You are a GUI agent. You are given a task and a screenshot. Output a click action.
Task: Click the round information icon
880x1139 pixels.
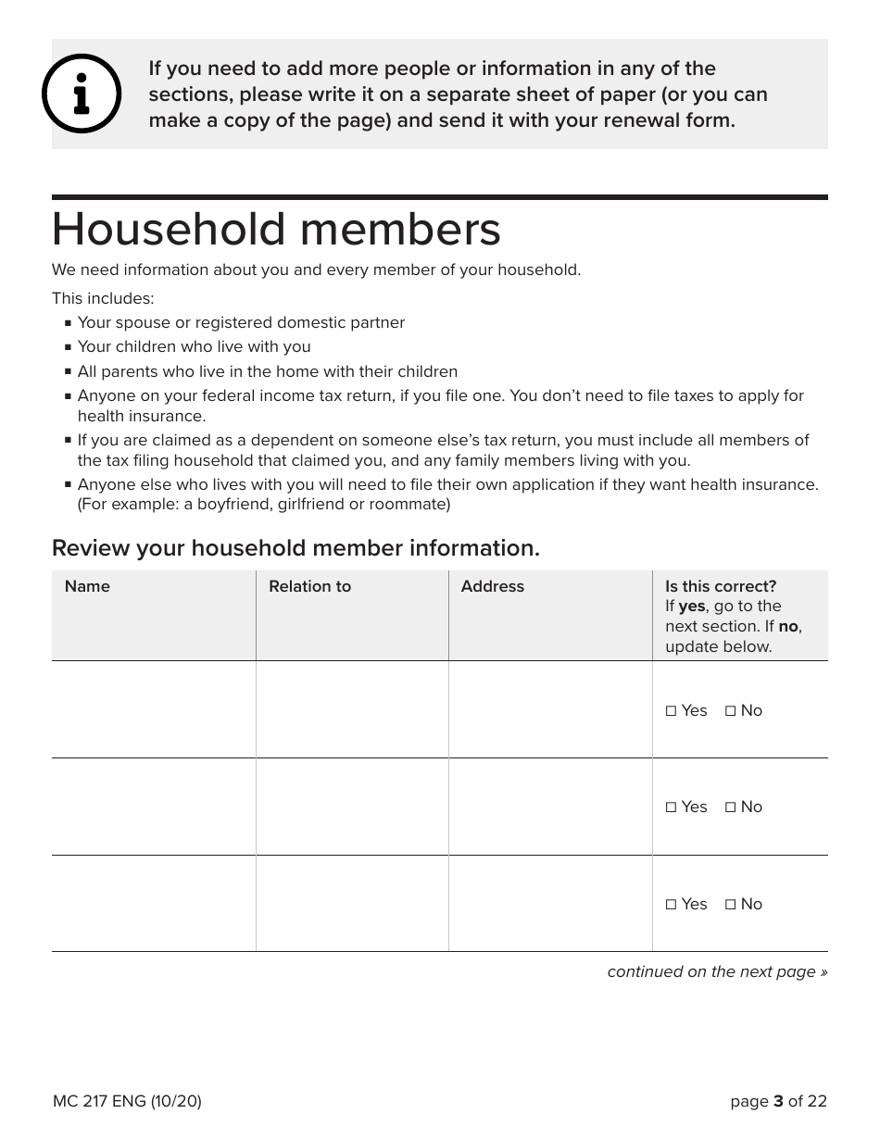(x=82, y=94)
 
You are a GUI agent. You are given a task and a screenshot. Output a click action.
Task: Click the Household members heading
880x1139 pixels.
(x=276, y=230)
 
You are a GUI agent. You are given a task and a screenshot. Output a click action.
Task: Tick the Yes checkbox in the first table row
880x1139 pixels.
(x=672, y=711)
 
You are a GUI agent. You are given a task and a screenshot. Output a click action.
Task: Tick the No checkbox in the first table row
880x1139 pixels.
(x=731, y=711)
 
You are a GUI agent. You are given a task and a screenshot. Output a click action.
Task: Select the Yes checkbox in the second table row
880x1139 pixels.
(x=672, y=807)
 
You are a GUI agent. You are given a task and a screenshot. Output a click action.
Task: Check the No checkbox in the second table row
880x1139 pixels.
(x=731, y=807)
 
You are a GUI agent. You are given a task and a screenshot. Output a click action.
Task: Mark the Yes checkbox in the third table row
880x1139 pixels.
(x=672, y=905)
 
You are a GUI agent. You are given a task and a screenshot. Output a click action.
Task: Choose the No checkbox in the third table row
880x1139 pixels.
(x=731, y=905)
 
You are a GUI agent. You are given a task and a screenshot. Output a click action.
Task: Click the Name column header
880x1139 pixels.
(x=87, y=586)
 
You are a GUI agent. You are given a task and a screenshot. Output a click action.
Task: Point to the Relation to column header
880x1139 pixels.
(x=309, y=586)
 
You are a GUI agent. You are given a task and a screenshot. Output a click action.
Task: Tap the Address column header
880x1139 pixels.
(x=492, y=586)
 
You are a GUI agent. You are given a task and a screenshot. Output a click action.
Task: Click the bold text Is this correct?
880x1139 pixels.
(x=721, y=586)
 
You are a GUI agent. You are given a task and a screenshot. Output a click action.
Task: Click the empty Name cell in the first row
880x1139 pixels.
(x=154, y=709)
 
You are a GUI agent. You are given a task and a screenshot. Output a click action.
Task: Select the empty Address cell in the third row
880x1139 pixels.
(x=550, y=904)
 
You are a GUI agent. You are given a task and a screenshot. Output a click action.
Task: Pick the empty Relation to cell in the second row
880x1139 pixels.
(x=352, y=807)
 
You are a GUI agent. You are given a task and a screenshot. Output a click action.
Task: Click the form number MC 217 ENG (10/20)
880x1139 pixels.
(x=127, y=1101)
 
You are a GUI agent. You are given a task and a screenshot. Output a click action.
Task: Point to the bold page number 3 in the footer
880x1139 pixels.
(x=778, y=1101)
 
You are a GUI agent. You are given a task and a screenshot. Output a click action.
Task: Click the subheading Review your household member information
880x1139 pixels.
(x=295, y=548)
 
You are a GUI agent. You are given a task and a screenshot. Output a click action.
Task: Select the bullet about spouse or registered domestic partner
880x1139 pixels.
(x=241, y=322)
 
